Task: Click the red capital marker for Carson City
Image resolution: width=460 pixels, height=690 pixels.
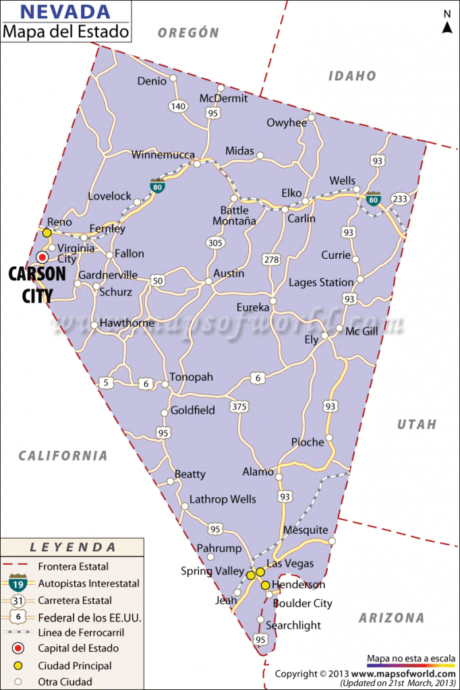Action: coord(42,257)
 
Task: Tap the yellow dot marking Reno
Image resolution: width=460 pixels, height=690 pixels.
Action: coord(47,232)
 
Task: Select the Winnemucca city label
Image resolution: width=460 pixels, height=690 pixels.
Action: coord(163,154)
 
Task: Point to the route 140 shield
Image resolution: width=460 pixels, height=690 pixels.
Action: coord(178,106)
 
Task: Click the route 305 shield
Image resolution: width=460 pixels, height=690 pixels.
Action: coord(215,243)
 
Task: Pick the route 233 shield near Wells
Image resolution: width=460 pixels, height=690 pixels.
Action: coord(400,199)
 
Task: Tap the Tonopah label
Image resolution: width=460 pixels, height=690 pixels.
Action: coord(191,377)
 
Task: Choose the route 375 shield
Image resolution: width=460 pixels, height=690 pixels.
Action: coord(239,406)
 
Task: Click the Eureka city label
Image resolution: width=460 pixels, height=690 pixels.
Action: coord(253,307)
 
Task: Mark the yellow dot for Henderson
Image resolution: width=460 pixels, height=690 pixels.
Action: coord(266,585)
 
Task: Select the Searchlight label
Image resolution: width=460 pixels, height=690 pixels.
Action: coord(293,625)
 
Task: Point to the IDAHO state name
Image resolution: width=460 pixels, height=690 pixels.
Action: coord(352,76)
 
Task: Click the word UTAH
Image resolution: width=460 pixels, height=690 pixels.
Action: coord(416,425)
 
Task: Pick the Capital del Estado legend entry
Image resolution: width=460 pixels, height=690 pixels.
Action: coord(78,648)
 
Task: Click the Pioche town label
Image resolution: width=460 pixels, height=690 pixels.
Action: coord(308,442)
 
